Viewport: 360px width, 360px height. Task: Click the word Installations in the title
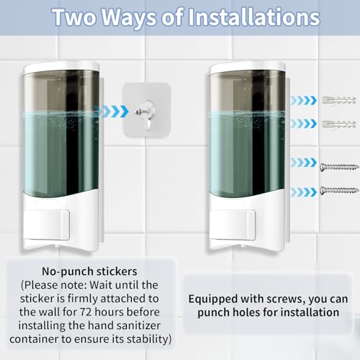tap(253, 17)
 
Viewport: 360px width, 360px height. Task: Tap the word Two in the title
tap(74, 17)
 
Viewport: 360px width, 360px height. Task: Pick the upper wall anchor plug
tap(339, 100)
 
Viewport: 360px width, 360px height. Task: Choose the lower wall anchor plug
tap(339, 125)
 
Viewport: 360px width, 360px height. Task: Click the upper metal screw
tap(339, 166)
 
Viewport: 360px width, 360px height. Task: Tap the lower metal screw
tap(339, 191)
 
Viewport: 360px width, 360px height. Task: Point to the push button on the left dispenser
tap(47, 225)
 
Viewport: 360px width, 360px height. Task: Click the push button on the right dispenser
tap(233, 225)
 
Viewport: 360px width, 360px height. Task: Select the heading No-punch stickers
tap(89, 271)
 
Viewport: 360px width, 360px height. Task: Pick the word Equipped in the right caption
tap(213, 300)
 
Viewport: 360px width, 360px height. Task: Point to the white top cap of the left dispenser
tap(61, 67)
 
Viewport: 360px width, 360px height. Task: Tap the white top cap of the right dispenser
tap(247, 67)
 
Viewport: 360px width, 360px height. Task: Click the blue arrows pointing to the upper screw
tap(304, 163)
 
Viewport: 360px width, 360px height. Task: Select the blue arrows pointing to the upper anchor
tap(304, 100)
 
